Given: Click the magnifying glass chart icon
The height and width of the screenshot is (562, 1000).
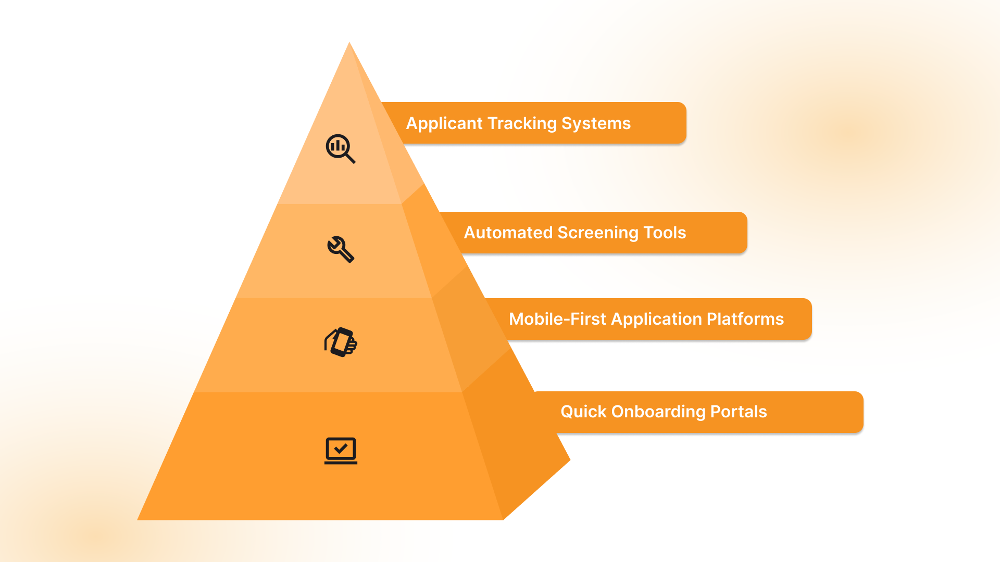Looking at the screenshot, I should point(340,148).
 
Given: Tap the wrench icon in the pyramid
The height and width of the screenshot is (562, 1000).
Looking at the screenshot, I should point(341,249).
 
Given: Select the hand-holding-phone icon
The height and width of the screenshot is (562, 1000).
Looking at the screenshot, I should point(341,342).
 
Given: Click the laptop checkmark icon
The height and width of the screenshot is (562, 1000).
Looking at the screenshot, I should point(341,450).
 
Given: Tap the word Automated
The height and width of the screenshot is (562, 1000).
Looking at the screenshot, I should point(508,233).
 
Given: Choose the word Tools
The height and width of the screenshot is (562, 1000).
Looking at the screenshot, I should point(665,233).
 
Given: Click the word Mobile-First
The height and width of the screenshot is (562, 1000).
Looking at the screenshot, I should point(557,319).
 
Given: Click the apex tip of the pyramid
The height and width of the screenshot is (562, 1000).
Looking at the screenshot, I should point(349,43).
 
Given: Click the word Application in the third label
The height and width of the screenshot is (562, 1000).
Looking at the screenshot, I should point(657,319).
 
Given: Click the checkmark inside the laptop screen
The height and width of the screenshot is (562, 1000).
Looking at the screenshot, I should point(341,448).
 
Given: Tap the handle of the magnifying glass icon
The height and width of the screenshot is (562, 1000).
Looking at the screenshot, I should point(351,158).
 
